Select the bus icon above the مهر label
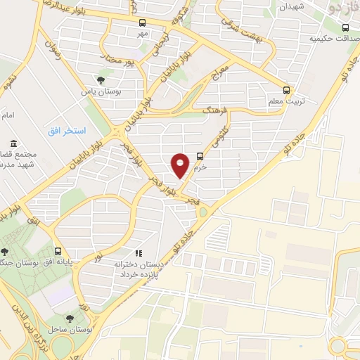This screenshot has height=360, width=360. (143, 22)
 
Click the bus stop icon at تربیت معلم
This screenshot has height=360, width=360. (286, 90)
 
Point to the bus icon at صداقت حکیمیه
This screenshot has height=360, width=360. (345, 28)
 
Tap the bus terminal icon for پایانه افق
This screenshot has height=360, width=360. (57, 251)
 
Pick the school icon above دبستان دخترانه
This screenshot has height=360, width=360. (138, 252)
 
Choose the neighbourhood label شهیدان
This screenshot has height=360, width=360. (290, 6)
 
